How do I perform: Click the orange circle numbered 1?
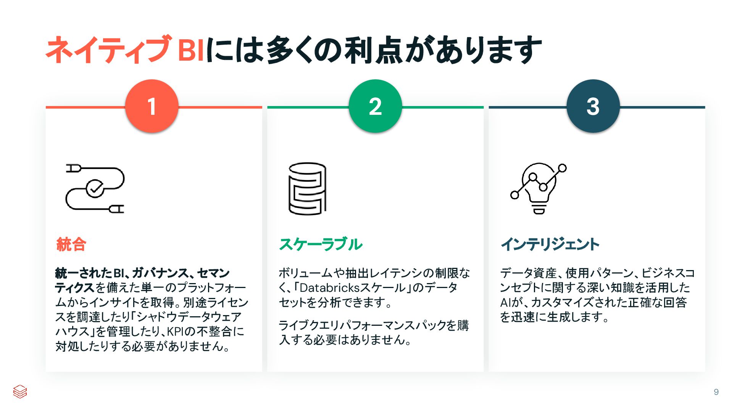point(152,106)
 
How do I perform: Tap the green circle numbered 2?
point(375,106)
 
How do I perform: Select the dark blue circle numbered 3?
point(593,106)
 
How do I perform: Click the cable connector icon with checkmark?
point(95,188)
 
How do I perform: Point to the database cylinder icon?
point(307,188)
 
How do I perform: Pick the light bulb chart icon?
point(539,188)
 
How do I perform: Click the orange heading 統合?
point(71,244)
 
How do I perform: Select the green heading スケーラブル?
point(321,244)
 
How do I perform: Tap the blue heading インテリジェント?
point(550,244)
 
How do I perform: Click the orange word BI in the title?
point(191,50)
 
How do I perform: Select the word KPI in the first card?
point(176,332)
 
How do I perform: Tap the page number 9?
point(716,392)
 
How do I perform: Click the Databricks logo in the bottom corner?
point(20,391)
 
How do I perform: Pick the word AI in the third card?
point(505,303)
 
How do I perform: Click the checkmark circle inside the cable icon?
point(95,188)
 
